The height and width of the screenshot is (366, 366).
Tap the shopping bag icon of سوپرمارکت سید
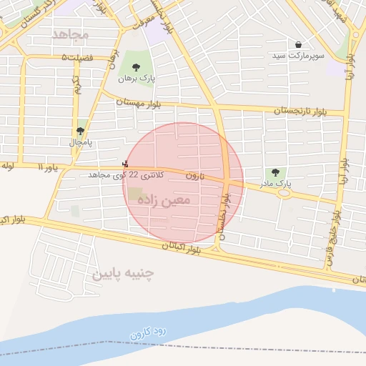pos(298,44)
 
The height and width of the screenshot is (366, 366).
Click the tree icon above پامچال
pos(79,131)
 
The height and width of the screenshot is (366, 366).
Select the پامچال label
pos(80,142)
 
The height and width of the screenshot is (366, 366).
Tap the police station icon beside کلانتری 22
pos(127,164)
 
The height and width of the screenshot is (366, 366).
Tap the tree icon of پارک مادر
pos(274,172)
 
